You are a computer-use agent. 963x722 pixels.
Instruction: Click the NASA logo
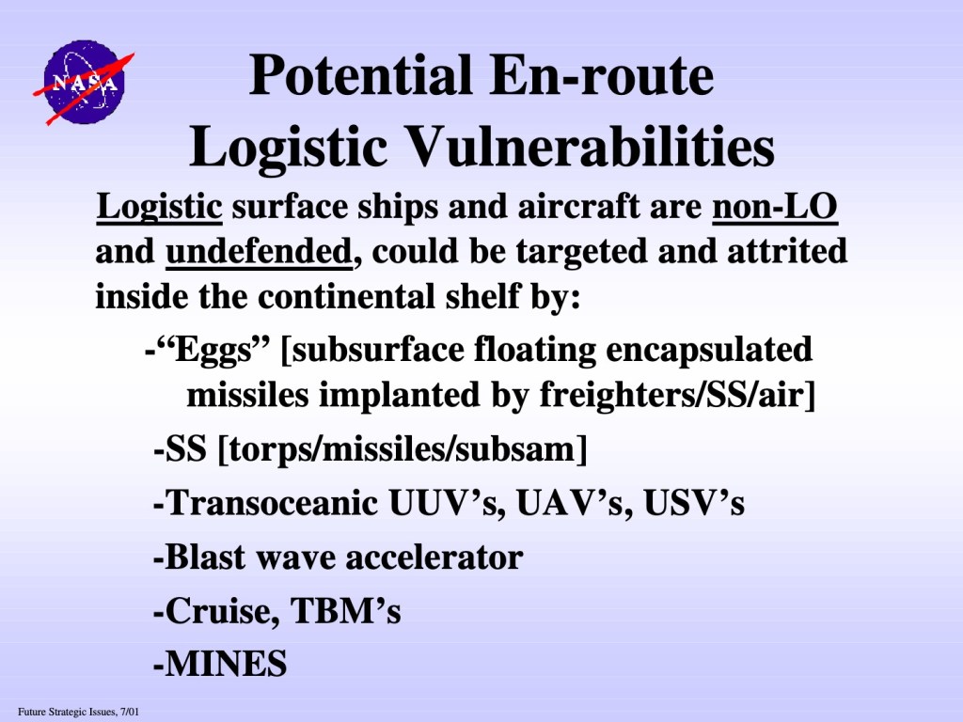[83, 83]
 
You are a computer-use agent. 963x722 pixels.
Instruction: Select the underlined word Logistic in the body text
[159, 206]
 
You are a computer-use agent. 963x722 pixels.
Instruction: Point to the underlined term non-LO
[775, 206]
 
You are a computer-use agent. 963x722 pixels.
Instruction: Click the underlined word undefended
[260, 252]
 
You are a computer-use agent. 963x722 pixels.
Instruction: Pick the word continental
[345, 297]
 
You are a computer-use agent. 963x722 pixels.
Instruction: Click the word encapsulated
[709, 350]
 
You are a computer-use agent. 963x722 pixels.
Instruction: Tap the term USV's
[694, 504]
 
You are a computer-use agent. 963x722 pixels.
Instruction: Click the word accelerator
[434, 558]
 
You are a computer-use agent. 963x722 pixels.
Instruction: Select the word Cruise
[219, 611]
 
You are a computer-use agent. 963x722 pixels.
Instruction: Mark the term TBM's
[346, 611]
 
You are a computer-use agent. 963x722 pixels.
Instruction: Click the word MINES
[226, 665]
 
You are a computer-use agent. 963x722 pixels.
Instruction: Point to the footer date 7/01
[130, 713]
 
